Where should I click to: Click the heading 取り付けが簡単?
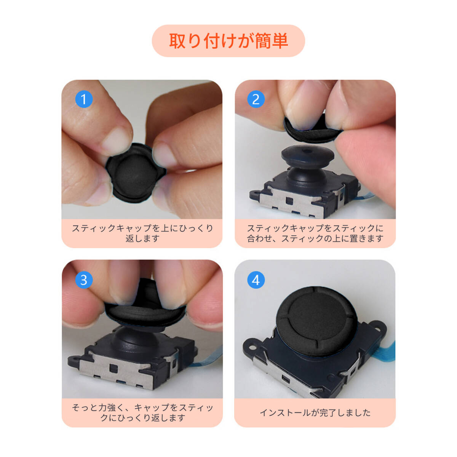click(228, 41)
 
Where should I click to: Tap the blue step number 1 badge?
click(84, 99)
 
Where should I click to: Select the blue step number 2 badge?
click(256, 99)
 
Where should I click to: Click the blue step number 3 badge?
click(84, 280)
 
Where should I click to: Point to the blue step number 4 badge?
click(256, 280)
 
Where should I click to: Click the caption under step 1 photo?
click(142, 233)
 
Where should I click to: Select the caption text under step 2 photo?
click(315, 233)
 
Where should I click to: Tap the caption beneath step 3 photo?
click(142, 413)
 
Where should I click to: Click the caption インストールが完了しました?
click(315, 413)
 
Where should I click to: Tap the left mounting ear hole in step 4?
click(253, 348)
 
